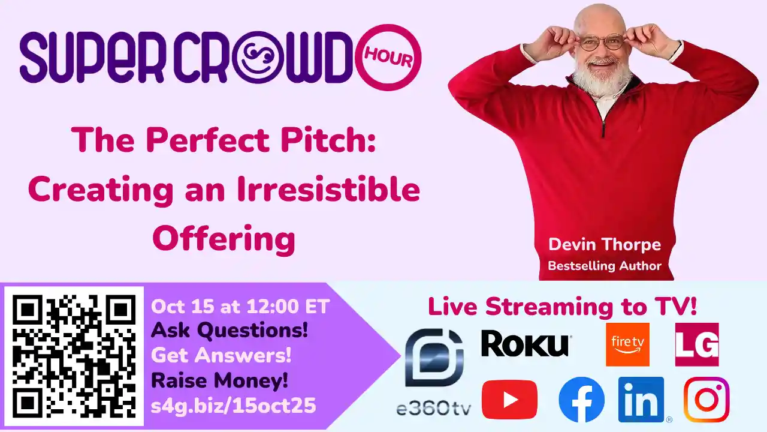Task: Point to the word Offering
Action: click(x=224, y=239)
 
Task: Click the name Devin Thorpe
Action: click(x=605, y=245)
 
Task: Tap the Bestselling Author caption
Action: click(x=605, y=266)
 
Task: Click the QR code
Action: click(x=74, y=356)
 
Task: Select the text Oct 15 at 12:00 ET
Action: click(x=240, y=307)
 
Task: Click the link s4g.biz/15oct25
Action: click(x=233, y=406)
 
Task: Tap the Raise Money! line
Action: click(x=219, y=380)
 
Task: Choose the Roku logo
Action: click(x=525, y=344)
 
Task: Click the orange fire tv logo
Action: click(x=627, y=344)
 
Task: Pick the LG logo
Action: click(x=697, y=344)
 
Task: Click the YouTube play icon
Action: click(x=509, y=400)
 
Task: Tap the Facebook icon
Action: click(x=581, y=400)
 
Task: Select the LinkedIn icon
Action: click(x=641, y=400)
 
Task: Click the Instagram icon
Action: click(x=706, y=400)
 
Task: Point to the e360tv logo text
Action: click(x=433, y=409)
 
